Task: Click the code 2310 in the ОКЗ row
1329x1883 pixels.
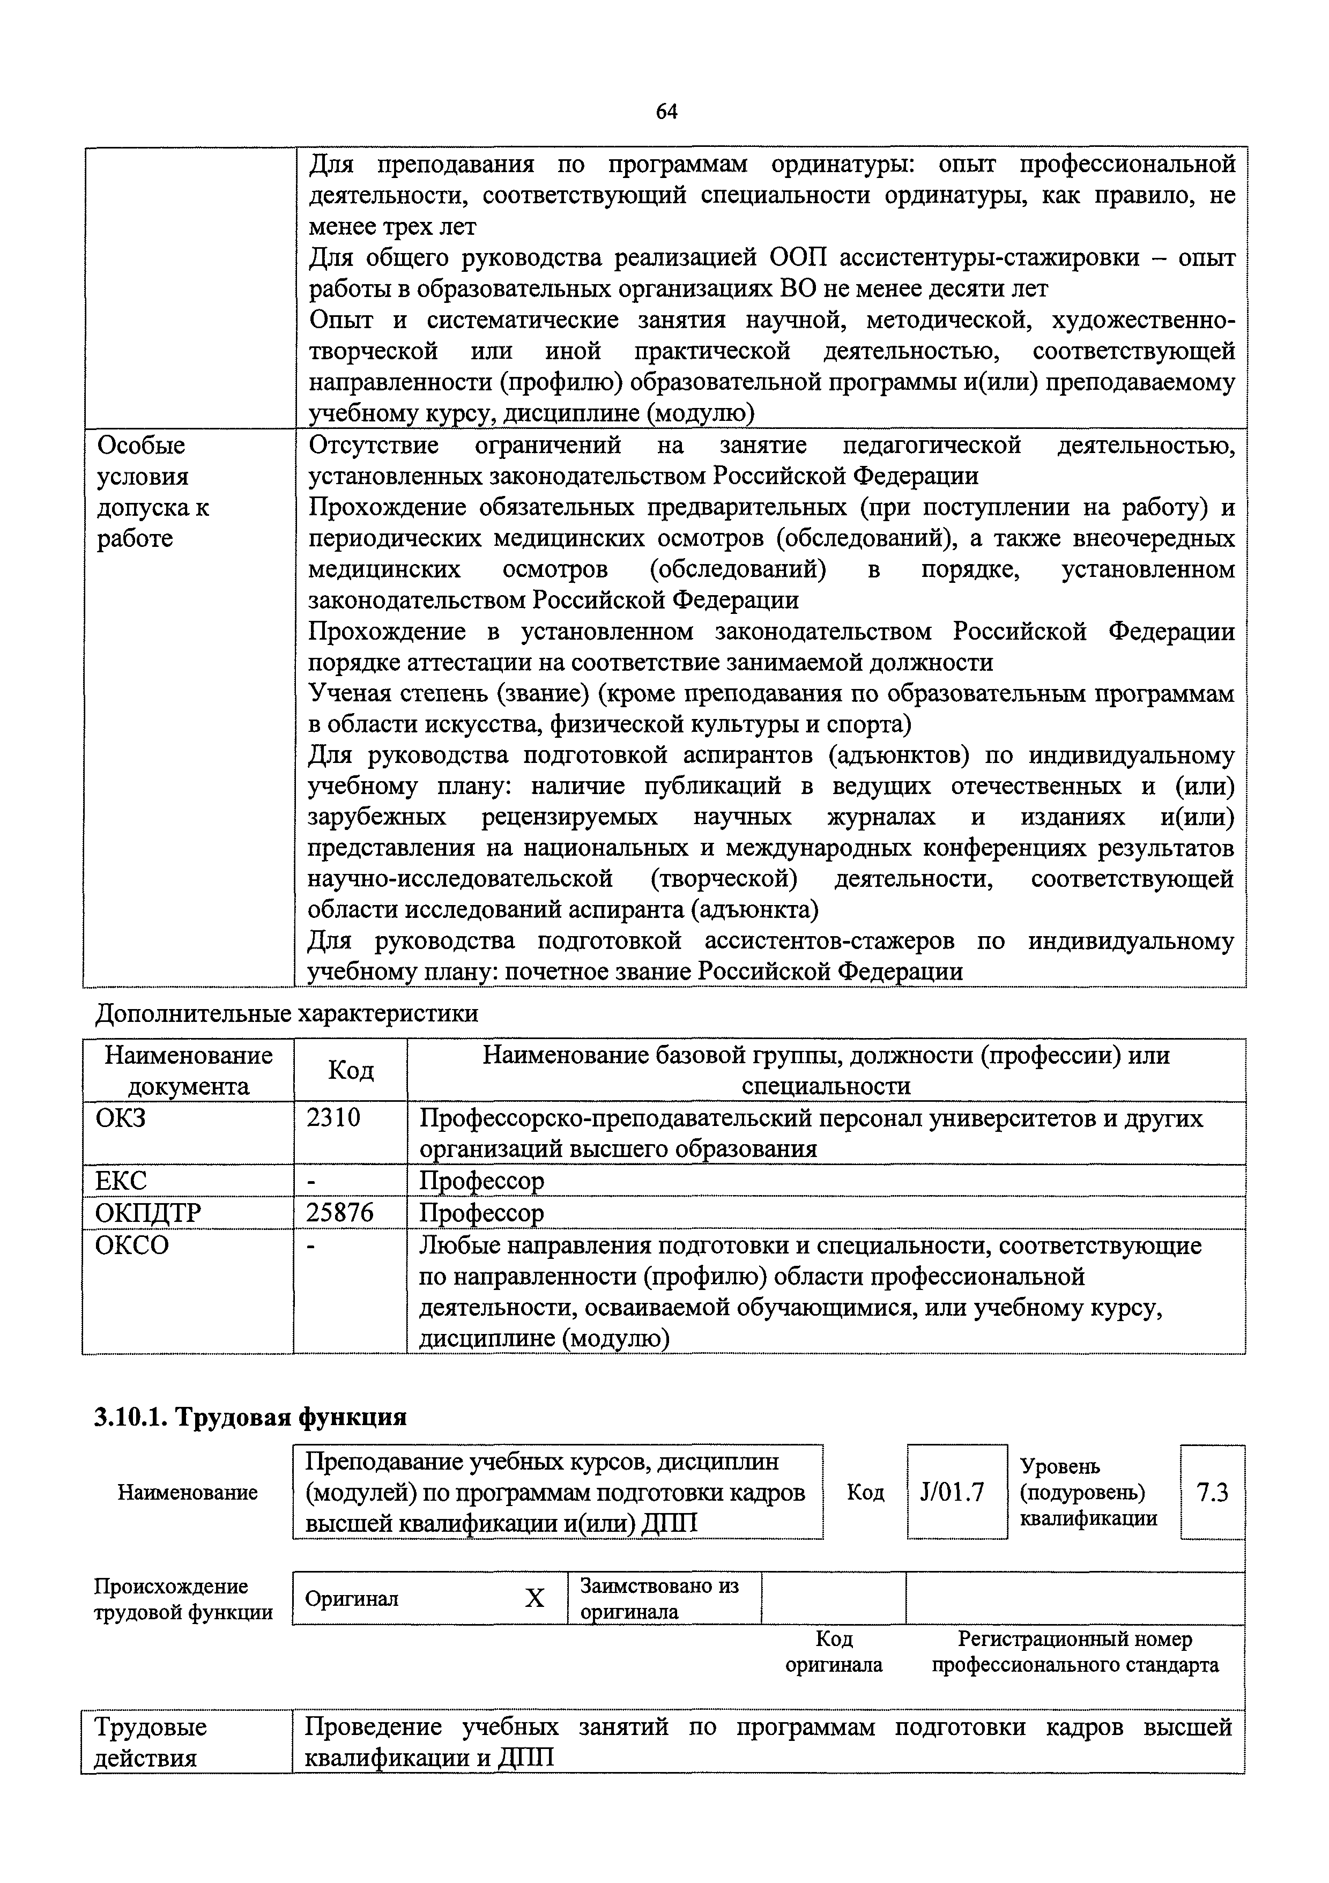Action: point(333,1117)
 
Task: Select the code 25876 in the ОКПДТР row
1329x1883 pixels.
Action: point(339,1212)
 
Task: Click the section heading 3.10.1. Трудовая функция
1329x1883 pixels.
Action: point(250,1417)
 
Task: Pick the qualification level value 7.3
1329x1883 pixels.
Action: point(1212,1492)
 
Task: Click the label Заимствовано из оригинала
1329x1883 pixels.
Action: point(659,1598)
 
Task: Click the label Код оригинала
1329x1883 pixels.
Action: point(834,1652)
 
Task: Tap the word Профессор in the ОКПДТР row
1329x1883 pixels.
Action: point(481,1212)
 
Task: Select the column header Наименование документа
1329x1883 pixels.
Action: point(189,1070)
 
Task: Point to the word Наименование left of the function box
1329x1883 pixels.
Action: point(188,1492)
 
